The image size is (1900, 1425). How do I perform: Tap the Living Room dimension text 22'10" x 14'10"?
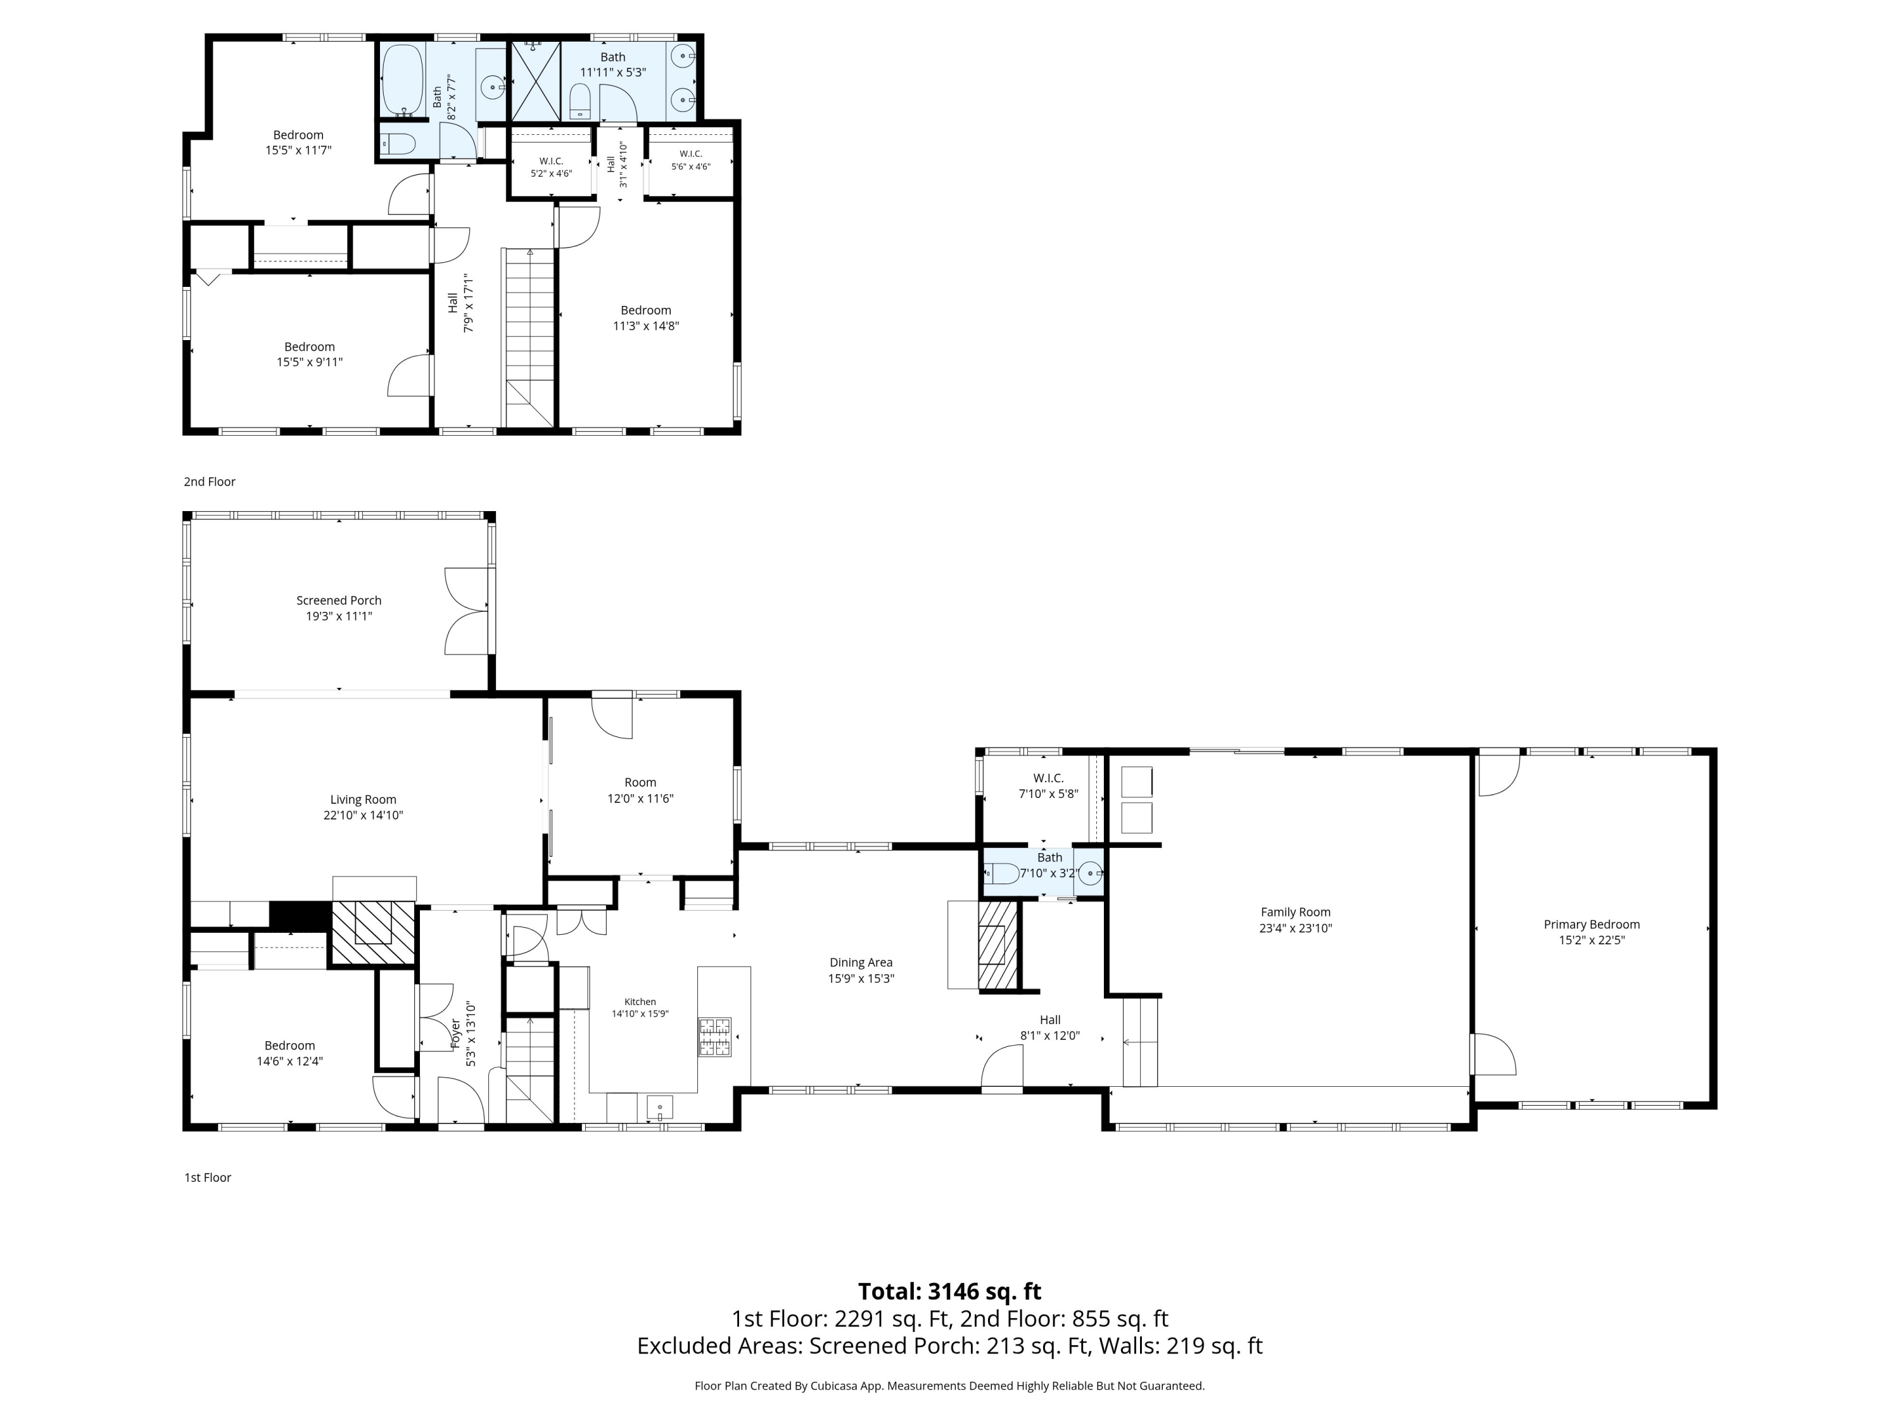point(364,815)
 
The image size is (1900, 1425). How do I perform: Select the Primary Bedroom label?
point(1592,932)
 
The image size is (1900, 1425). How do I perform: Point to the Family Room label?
point(1295,920)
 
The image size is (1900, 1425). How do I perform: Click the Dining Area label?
point(861,970)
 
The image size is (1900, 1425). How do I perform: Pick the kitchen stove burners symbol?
point(714,1037)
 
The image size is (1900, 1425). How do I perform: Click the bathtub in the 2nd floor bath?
point(402,80)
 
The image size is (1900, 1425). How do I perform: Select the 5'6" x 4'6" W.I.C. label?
point(690,160)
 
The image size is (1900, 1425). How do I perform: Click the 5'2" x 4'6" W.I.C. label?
point(552,167)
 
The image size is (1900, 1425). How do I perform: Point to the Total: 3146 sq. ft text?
point(949,1291)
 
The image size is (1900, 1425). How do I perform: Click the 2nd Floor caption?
point(210,482)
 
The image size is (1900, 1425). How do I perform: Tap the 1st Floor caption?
point(208,1177)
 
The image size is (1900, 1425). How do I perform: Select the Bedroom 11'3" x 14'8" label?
point(646,318)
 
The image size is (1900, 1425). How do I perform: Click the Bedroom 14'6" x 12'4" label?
point(289,1053)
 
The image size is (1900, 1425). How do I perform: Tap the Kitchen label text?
point(640,1001)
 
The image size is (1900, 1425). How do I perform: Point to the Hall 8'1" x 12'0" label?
point(1049,1027)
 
